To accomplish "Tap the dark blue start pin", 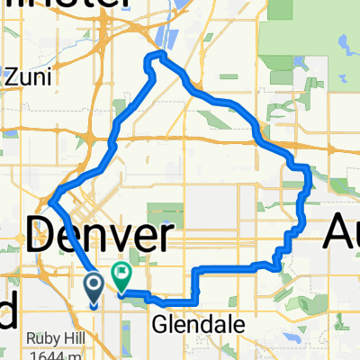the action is pos(94,288).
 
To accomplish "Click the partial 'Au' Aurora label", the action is pos(342,238).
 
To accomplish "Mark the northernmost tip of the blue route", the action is pos(160,55).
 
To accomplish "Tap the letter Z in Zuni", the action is pos(10,78).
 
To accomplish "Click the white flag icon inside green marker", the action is pos(121,270).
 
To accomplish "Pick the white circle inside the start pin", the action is pos(94,285).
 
